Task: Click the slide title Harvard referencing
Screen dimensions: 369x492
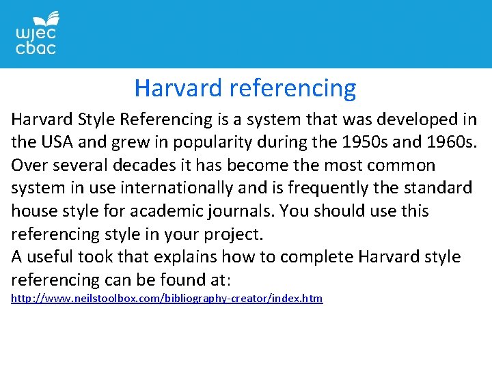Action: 245,88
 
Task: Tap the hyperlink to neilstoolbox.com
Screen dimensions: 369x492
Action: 167,299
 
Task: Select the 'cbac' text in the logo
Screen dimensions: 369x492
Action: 36,48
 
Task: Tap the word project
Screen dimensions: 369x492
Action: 234,234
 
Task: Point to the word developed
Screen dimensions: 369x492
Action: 422,120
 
